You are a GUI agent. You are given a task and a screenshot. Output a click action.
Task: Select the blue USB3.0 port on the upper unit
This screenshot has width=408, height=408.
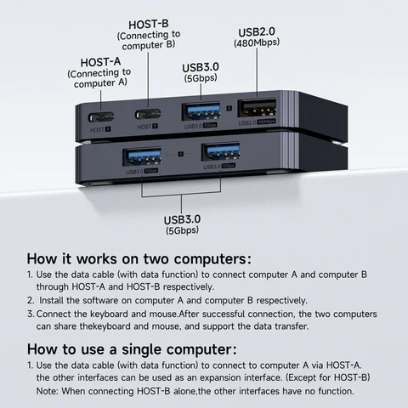click(202, 110)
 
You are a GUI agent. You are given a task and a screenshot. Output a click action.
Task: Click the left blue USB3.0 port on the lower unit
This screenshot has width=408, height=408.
click(142, 155)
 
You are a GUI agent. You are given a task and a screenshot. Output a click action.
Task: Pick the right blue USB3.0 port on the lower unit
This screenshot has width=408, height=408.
click(219, 153)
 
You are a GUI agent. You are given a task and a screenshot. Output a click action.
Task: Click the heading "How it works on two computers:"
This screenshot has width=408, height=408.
click(139, 258)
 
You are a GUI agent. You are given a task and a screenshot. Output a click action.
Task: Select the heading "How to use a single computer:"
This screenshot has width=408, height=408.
click(129, 348)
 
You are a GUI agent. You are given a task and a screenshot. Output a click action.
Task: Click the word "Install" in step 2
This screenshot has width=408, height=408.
click(55, 300)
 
